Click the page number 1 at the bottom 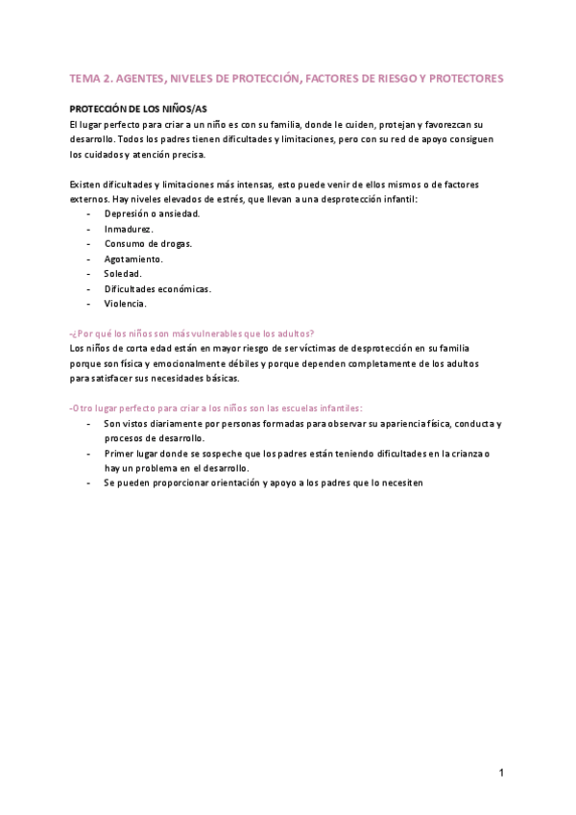(x=501, y=772)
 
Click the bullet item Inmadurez (x=129, y=229)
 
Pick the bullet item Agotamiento (x=133, y=259)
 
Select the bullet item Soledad (x=123, y=274)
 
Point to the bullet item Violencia (x=125, y=304)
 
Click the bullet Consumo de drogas (x=148, y=244)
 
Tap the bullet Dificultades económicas (x=157, y=288)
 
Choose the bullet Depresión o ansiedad (x=152, y=213)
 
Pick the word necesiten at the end (x=401, y=482)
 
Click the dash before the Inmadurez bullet (x=89, y=229)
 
